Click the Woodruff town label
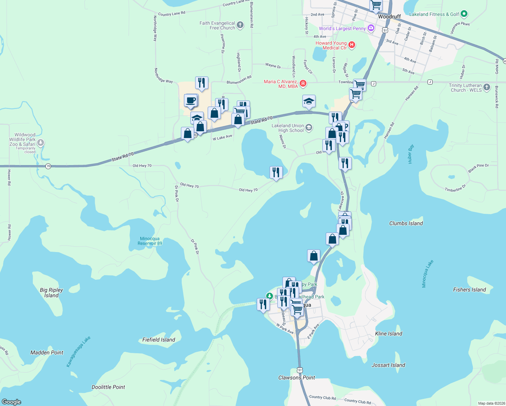click(x=389, y=17)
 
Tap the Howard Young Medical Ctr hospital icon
click(x=352, y=45)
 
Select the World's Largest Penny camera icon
click(x=371, y=28)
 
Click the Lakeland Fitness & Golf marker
click(x=464, y=14)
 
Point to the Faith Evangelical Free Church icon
click(x=240, y=25)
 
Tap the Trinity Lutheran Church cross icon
click(x=486, y=87)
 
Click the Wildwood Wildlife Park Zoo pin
click(x=41, y=143)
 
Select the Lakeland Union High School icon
click(x=308, y=128)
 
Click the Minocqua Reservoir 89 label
click(x=150, y=241)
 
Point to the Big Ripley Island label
click(x=51, y=293)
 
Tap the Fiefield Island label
click(x=159, y=340)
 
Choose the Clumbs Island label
click(x=406, y=223)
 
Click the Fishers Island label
click(x=469, y=290)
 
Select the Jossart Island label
click(x=388, y=365)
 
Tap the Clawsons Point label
click(x=297, y=378)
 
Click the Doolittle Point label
click(x=108, y=387)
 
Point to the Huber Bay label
click(x=411, y=154)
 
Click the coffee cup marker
click(x=191, y=100)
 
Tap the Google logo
click(x=11, y=402)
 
